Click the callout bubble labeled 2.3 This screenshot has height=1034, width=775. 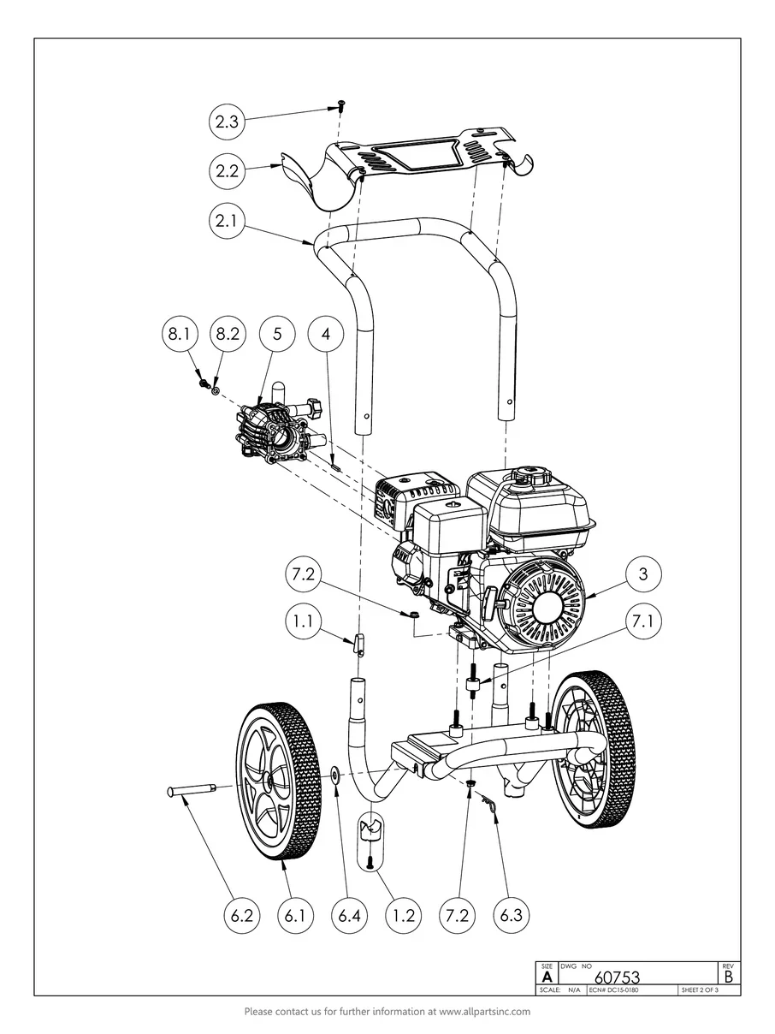coord(227,122)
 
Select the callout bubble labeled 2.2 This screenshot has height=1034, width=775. coord(227,170)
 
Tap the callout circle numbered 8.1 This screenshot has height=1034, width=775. coord(180,334)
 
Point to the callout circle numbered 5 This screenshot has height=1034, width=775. coord(277,334)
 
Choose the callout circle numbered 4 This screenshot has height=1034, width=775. coord(326,334)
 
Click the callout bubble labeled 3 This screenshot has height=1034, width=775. coord(643,574)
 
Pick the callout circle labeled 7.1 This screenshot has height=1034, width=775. coord(643,621)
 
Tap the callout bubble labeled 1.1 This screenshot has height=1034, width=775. coord(304,621)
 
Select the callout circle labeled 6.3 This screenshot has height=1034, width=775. coord(511,915)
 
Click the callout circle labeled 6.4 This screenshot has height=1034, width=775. coord(350,915)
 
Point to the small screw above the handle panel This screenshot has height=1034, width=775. coord(340,106)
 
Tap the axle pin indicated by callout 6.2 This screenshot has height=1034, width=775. coord(192,789)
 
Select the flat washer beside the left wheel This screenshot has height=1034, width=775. coord(335,775)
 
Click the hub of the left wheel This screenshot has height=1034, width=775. coord(269,781)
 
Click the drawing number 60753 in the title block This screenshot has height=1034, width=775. coord(617,976)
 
